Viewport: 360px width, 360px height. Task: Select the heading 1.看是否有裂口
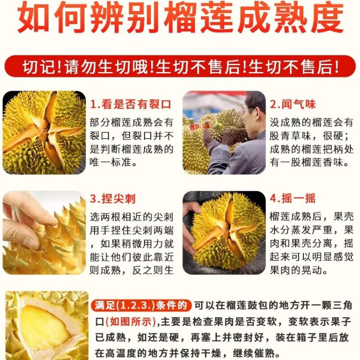point(130,105)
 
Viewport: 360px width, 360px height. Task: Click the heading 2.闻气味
point(292,105)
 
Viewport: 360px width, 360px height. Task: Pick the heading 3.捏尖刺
point(112,198)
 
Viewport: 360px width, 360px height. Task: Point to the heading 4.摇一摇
point(292,198)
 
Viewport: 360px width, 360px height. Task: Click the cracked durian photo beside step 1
point(44,133)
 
